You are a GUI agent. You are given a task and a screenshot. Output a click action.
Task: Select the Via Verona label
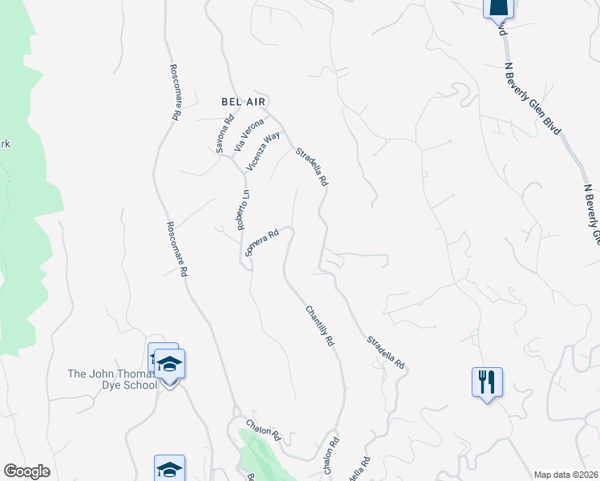(x=249, y=135)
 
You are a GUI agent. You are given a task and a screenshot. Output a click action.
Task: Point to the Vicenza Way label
(x=264, y=151)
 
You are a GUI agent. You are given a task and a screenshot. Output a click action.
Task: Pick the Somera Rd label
(x=261, y=243)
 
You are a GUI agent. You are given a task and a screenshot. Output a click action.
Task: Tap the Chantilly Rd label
(x=319, y=325)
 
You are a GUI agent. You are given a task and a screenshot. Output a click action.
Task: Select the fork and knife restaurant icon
(x=487, y=382)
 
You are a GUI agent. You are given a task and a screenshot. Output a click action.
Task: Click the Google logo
(x=26, y=471)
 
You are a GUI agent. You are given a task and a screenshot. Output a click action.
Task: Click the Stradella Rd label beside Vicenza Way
(x=312, y=167)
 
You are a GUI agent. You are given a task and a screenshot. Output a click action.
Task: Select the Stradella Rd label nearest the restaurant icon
(x=387, y=353)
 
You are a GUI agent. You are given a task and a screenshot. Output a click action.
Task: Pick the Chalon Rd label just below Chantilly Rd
(x=333, y=454)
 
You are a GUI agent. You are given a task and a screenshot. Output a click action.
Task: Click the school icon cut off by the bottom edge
(x=169, y=469)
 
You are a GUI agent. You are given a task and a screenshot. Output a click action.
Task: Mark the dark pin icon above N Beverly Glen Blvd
(x=498, y=7)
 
